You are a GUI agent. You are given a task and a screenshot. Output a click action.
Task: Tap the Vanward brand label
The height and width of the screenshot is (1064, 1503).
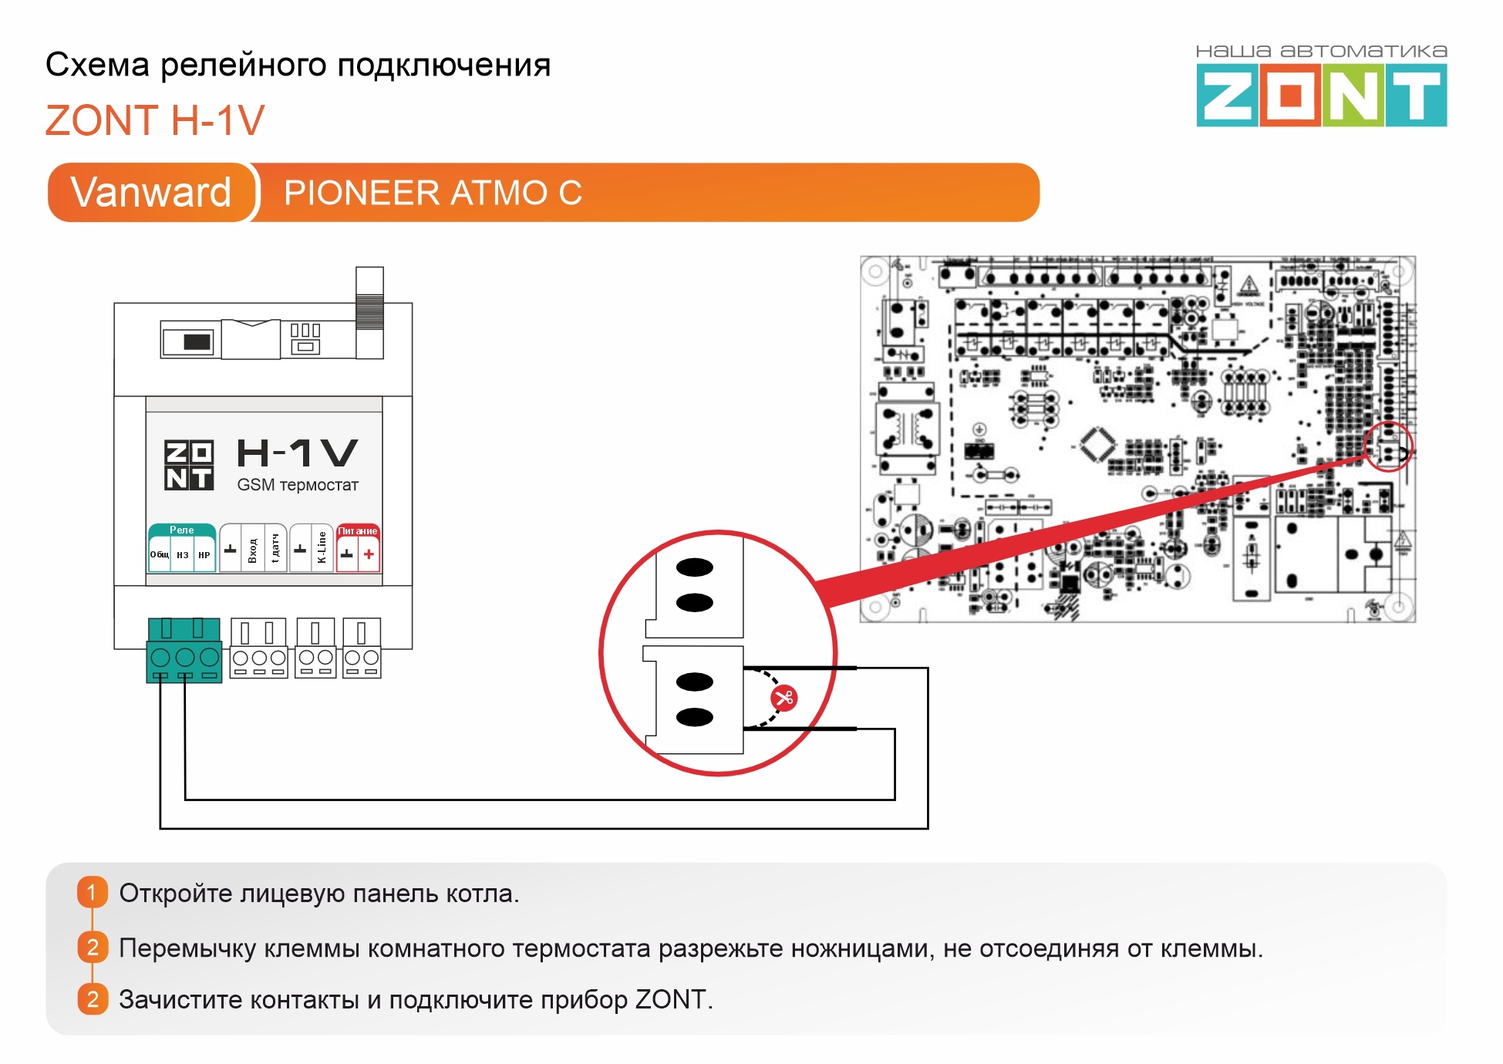(151, 192)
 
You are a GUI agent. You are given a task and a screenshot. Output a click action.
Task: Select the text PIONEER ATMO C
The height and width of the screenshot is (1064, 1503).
(433, 193)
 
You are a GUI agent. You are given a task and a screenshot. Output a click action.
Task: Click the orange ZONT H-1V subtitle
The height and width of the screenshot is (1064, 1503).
(155, 120)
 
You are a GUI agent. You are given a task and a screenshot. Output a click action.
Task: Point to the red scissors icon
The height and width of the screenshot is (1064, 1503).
(784, 699)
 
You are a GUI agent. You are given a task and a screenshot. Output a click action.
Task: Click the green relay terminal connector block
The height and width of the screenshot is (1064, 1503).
(184, 650)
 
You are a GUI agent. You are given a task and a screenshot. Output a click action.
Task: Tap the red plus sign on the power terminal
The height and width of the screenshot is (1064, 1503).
(369, 554)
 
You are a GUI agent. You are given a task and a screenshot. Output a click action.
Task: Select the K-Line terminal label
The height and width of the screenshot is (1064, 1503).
(322, 547)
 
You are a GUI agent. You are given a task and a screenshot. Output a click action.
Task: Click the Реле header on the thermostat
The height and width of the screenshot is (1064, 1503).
(182, 530)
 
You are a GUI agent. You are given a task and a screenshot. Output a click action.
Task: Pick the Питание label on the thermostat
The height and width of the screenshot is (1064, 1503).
(358, 530)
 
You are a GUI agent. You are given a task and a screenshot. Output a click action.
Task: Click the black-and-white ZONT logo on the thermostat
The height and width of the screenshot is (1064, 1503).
(189, 464)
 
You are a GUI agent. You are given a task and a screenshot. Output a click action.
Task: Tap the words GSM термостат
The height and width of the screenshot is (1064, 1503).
(298, 485)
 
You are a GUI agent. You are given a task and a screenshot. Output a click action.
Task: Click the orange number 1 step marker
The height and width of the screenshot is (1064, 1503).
(92, 893)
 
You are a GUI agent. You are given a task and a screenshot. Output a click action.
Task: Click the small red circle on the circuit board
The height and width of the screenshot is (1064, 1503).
(1388, 447)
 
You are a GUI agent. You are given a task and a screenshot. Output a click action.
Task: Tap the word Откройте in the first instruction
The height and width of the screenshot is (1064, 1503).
(175, 893)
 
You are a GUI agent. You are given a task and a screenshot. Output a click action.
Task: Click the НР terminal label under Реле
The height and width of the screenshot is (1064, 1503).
(204, 555)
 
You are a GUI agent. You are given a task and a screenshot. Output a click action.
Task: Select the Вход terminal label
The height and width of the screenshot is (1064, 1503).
(252, 550)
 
